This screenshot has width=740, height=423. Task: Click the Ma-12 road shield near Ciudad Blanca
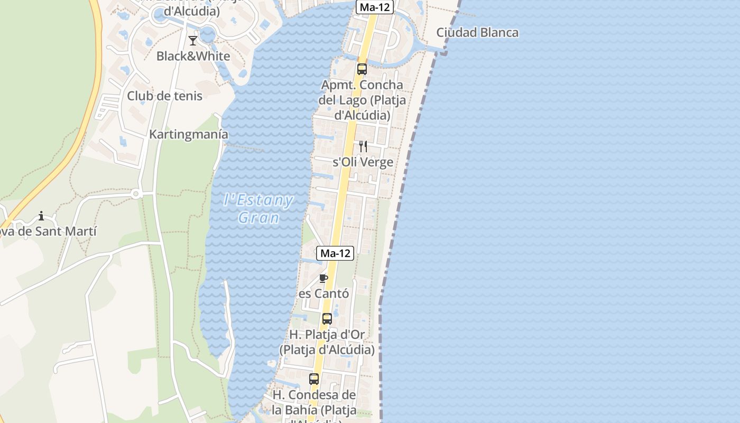pyautogui.click(x=375, y=7)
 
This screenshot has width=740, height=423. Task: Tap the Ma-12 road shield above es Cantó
pyautogui.click(x=335, y=253)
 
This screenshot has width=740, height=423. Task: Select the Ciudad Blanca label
pyautogui.click(x=477, y=33)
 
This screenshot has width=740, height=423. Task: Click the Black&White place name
pyautogui.click(x=193, y=56)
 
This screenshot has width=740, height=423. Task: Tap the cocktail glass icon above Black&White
pyautogui.click(x=193, y=41)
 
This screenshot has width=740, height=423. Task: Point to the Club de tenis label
pyautogui.click(x=164, y=96)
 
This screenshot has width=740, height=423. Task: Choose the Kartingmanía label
pyautogui.click(x=189, y=134)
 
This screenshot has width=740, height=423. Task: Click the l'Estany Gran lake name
pyautogui.click(x=258, y=208)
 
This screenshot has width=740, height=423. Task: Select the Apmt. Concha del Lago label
pyautogui.click(x=362, y=100)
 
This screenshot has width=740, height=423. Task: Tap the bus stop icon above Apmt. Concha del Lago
pyautogui.click(x=362, y=69)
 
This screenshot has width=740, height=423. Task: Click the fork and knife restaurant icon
pyautogui.click(x=363, y=146)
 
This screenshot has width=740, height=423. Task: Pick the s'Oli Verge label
pyautogui.click(x=363, y=162)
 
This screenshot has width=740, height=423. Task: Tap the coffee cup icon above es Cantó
pyautogui.click(x=324, y=278)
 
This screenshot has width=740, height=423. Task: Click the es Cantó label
pyautogui.click(x=324, y=293)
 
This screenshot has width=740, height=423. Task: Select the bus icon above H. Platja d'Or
pyautogui.click(x=327, y=319)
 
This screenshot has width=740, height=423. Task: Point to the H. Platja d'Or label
pyautogui.click(x=327, y=342)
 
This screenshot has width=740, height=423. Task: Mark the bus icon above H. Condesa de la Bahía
pyautogui.click(x=314, y=379)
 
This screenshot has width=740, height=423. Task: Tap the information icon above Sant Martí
pyautogui.click(x=41, y=216)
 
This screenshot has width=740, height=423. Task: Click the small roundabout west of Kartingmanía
pyautogui.click(x=136, y=194)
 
